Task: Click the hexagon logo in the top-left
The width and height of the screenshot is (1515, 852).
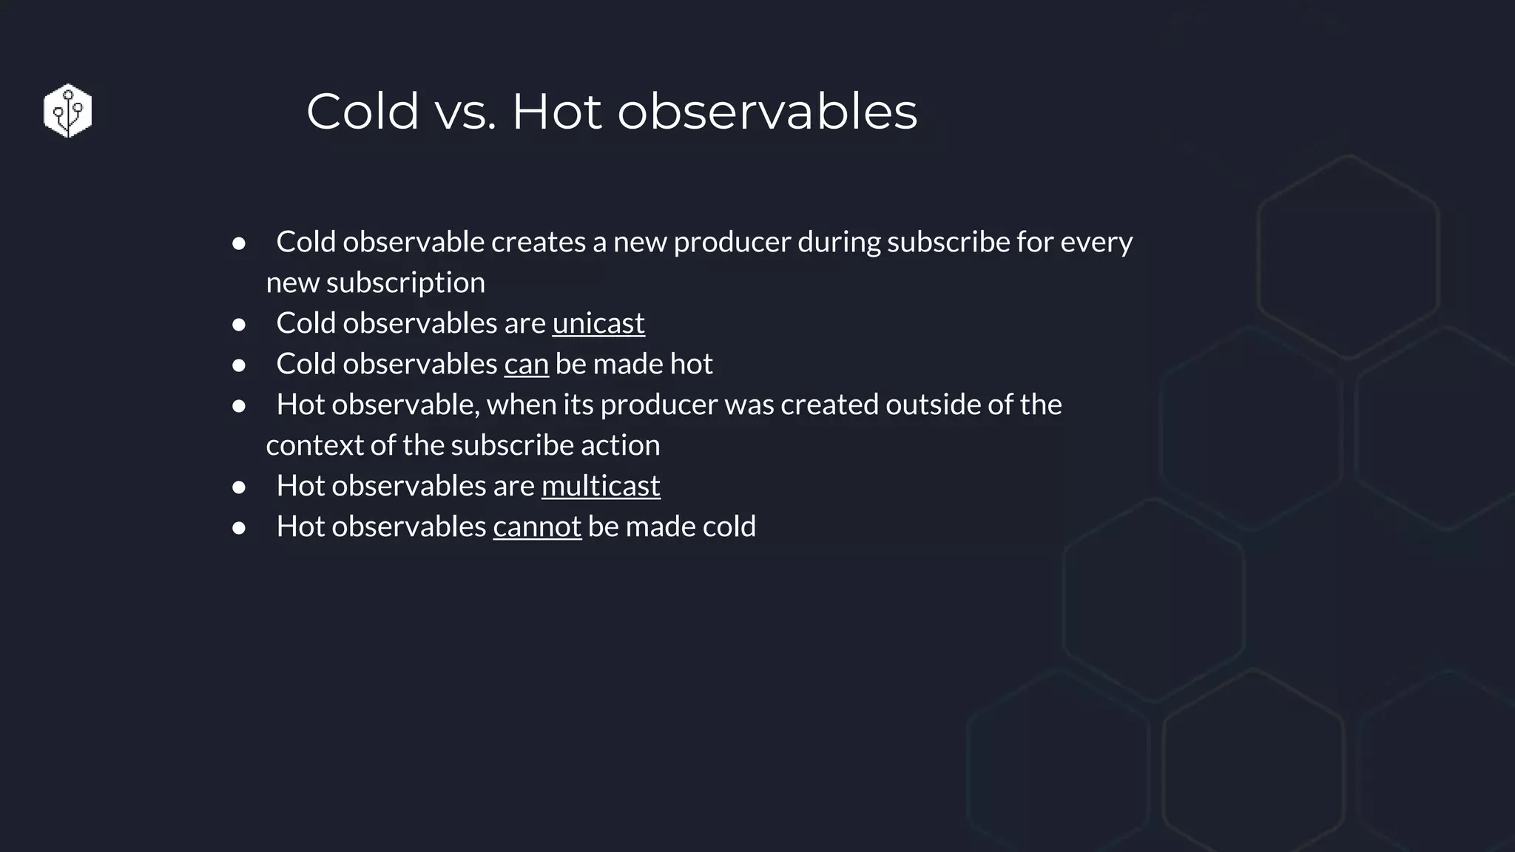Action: pyautogui.click(x=67, y=111)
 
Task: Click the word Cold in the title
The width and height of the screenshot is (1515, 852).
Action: pyautogui.click(x=362, y=112)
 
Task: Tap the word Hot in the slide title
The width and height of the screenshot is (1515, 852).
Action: pyautogui.click(x=556, y=112)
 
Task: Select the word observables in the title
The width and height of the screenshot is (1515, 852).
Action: pyautogui.click(x=767, y=112)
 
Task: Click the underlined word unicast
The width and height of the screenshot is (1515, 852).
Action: pyautogui.click(x=598, y=323)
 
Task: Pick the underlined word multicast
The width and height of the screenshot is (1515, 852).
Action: pyautogui.click(x=600, y=486)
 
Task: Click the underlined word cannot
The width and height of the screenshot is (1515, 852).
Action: pyautogui.click(x=536, y=527)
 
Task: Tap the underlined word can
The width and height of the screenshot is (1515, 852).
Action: pyautogui.click(x=526, y=364)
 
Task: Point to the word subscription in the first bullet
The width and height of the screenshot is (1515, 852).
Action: pyautogui.click(x=405, y=283)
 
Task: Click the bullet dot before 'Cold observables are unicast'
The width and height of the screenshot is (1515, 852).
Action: pyautogui.click(x=238, y=324)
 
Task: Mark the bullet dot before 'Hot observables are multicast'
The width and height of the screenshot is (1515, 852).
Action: pyautogui.click(x=238, y=487)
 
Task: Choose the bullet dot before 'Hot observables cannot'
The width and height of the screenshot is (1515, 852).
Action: pyautogui.click(x=238, y=527)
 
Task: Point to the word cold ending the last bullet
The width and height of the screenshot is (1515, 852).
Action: pyautogui.click(x=729, y=527)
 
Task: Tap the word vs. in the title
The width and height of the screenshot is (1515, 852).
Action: pyautogui.click(x=465, y=112)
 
